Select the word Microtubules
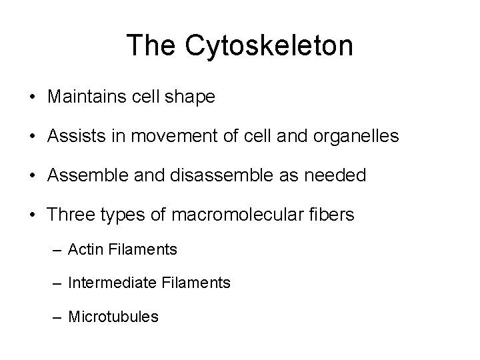pos(114,317)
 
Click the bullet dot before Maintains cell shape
pos(33,98)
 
